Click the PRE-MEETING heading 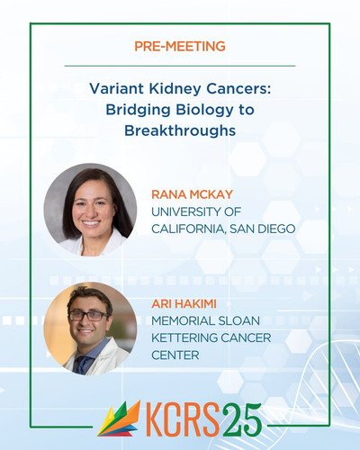tap(180, 46)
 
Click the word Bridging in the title tap(138, 111)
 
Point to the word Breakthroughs tap(180, 130)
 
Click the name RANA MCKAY tap(192, 194)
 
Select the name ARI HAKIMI tap(184, 304)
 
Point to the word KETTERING tap(184, 338)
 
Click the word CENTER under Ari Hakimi tap(175, 355)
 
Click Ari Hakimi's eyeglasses tap(89, 316)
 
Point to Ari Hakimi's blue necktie tap(83, 364)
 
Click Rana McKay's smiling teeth tap(91, 223)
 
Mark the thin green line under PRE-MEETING tap(180, 66)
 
